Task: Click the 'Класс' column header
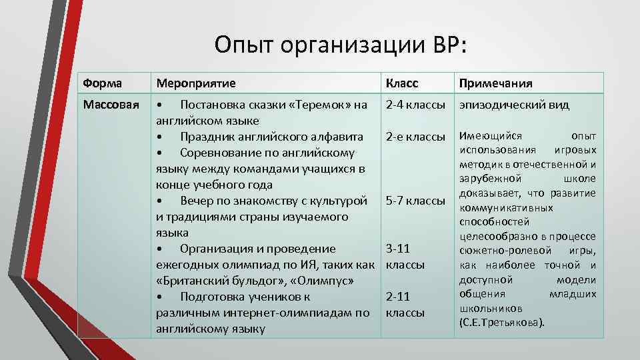click(x=401, y=83)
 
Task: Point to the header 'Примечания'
click(x=494, y=83)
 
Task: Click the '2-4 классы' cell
click(x=415, y=105)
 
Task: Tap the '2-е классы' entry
click(x=415, y=137)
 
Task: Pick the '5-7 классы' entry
click(x=415, y=201)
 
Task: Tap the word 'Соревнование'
click(x=220, y=153)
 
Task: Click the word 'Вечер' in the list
click(x=197, y=201)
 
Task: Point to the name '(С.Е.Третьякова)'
click(x=501, y=323)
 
